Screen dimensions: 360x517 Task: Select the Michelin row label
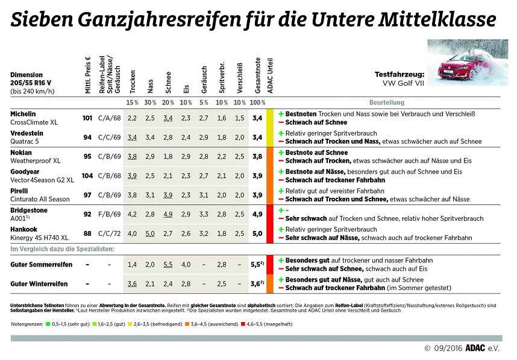(x=23, y=114)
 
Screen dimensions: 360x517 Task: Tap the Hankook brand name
(x=24, y=230)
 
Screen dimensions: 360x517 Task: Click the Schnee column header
(x=168, y=81)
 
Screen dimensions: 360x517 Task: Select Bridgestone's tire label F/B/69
(x=110, y=214)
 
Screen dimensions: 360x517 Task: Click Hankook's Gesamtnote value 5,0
(x=258, y=233)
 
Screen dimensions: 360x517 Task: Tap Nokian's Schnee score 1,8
(x=168, y=156)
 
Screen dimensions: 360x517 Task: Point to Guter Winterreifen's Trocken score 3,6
(x=133, y=283)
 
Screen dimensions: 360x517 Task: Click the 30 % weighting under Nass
(x=150, y=103)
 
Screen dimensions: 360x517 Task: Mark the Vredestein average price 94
(x=87, y=137)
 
